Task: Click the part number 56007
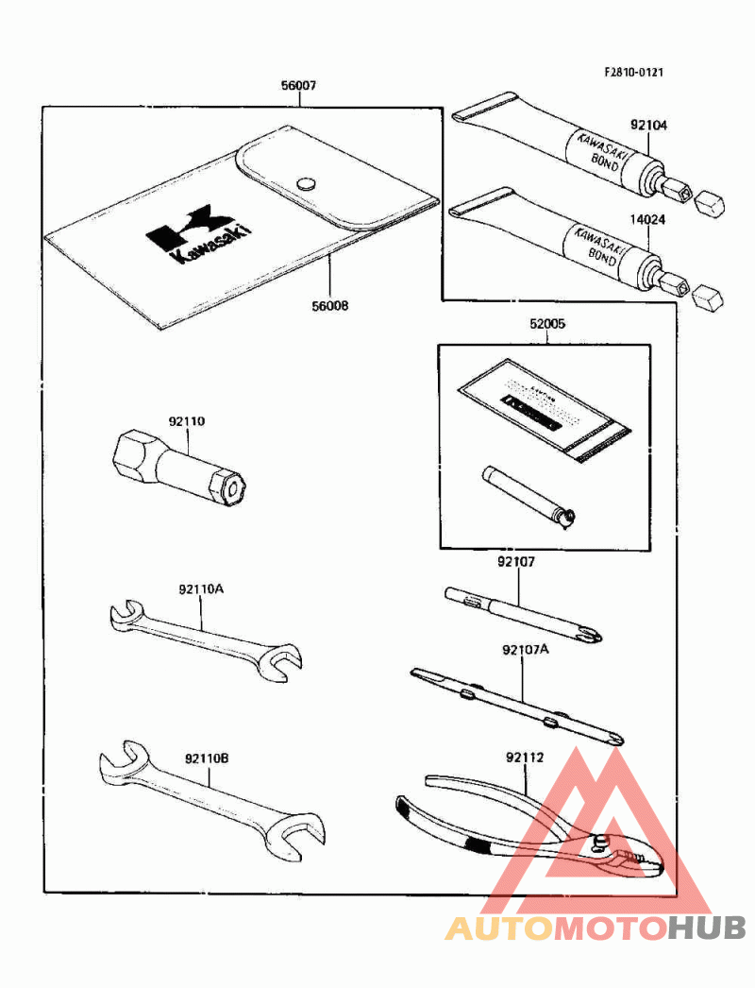point(297,86)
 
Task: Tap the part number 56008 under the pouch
point(329,305)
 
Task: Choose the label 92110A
point(201,588)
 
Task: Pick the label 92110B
point(208,758)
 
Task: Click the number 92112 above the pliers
point(526,757)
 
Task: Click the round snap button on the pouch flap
point(305,182)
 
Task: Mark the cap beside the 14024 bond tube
point(706,300)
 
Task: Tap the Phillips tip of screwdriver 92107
point(592,633)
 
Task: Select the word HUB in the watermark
point(707,928)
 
